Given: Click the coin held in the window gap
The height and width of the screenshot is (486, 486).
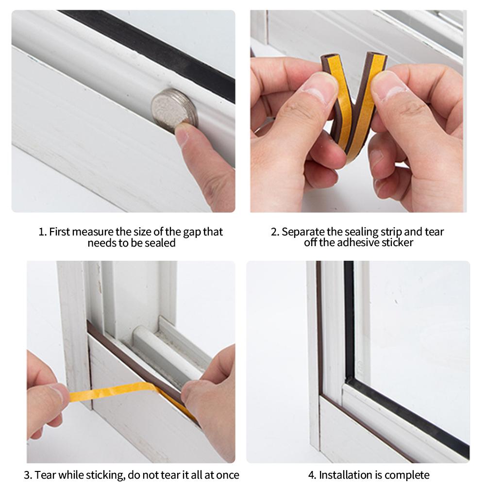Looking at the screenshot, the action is coord(174,109).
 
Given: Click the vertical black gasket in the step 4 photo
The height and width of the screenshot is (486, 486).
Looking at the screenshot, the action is coord(349,319).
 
